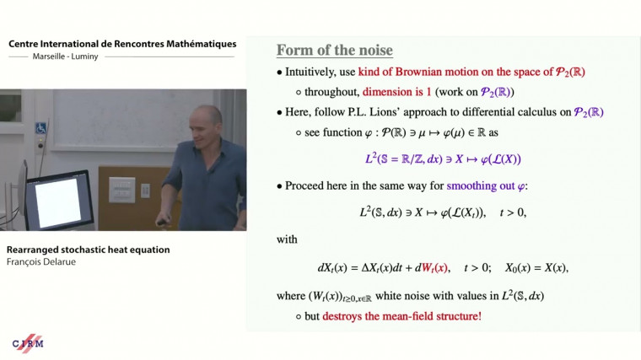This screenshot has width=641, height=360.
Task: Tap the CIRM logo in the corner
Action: (28, 342)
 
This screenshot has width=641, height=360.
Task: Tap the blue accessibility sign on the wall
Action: (40, 128)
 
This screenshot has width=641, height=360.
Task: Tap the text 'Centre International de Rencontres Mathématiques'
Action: (122, 44)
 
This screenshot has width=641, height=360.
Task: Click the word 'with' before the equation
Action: (287, 239)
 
